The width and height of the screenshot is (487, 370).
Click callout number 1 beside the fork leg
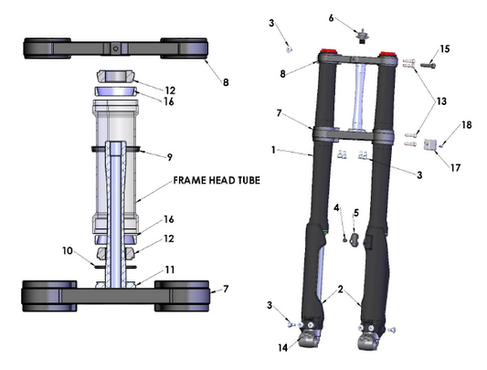[273, 150]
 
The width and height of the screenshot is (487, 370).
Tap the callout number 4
[337, 208]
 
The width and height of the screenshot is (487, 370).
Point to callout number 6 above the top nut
[357, 16]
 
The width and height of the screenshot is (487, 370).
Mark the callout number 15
[445, 48]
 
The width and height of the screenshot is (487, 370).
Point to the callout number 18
[466, 124]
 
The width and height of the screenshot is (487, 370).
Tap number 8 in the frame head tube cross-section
[226, 82]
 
